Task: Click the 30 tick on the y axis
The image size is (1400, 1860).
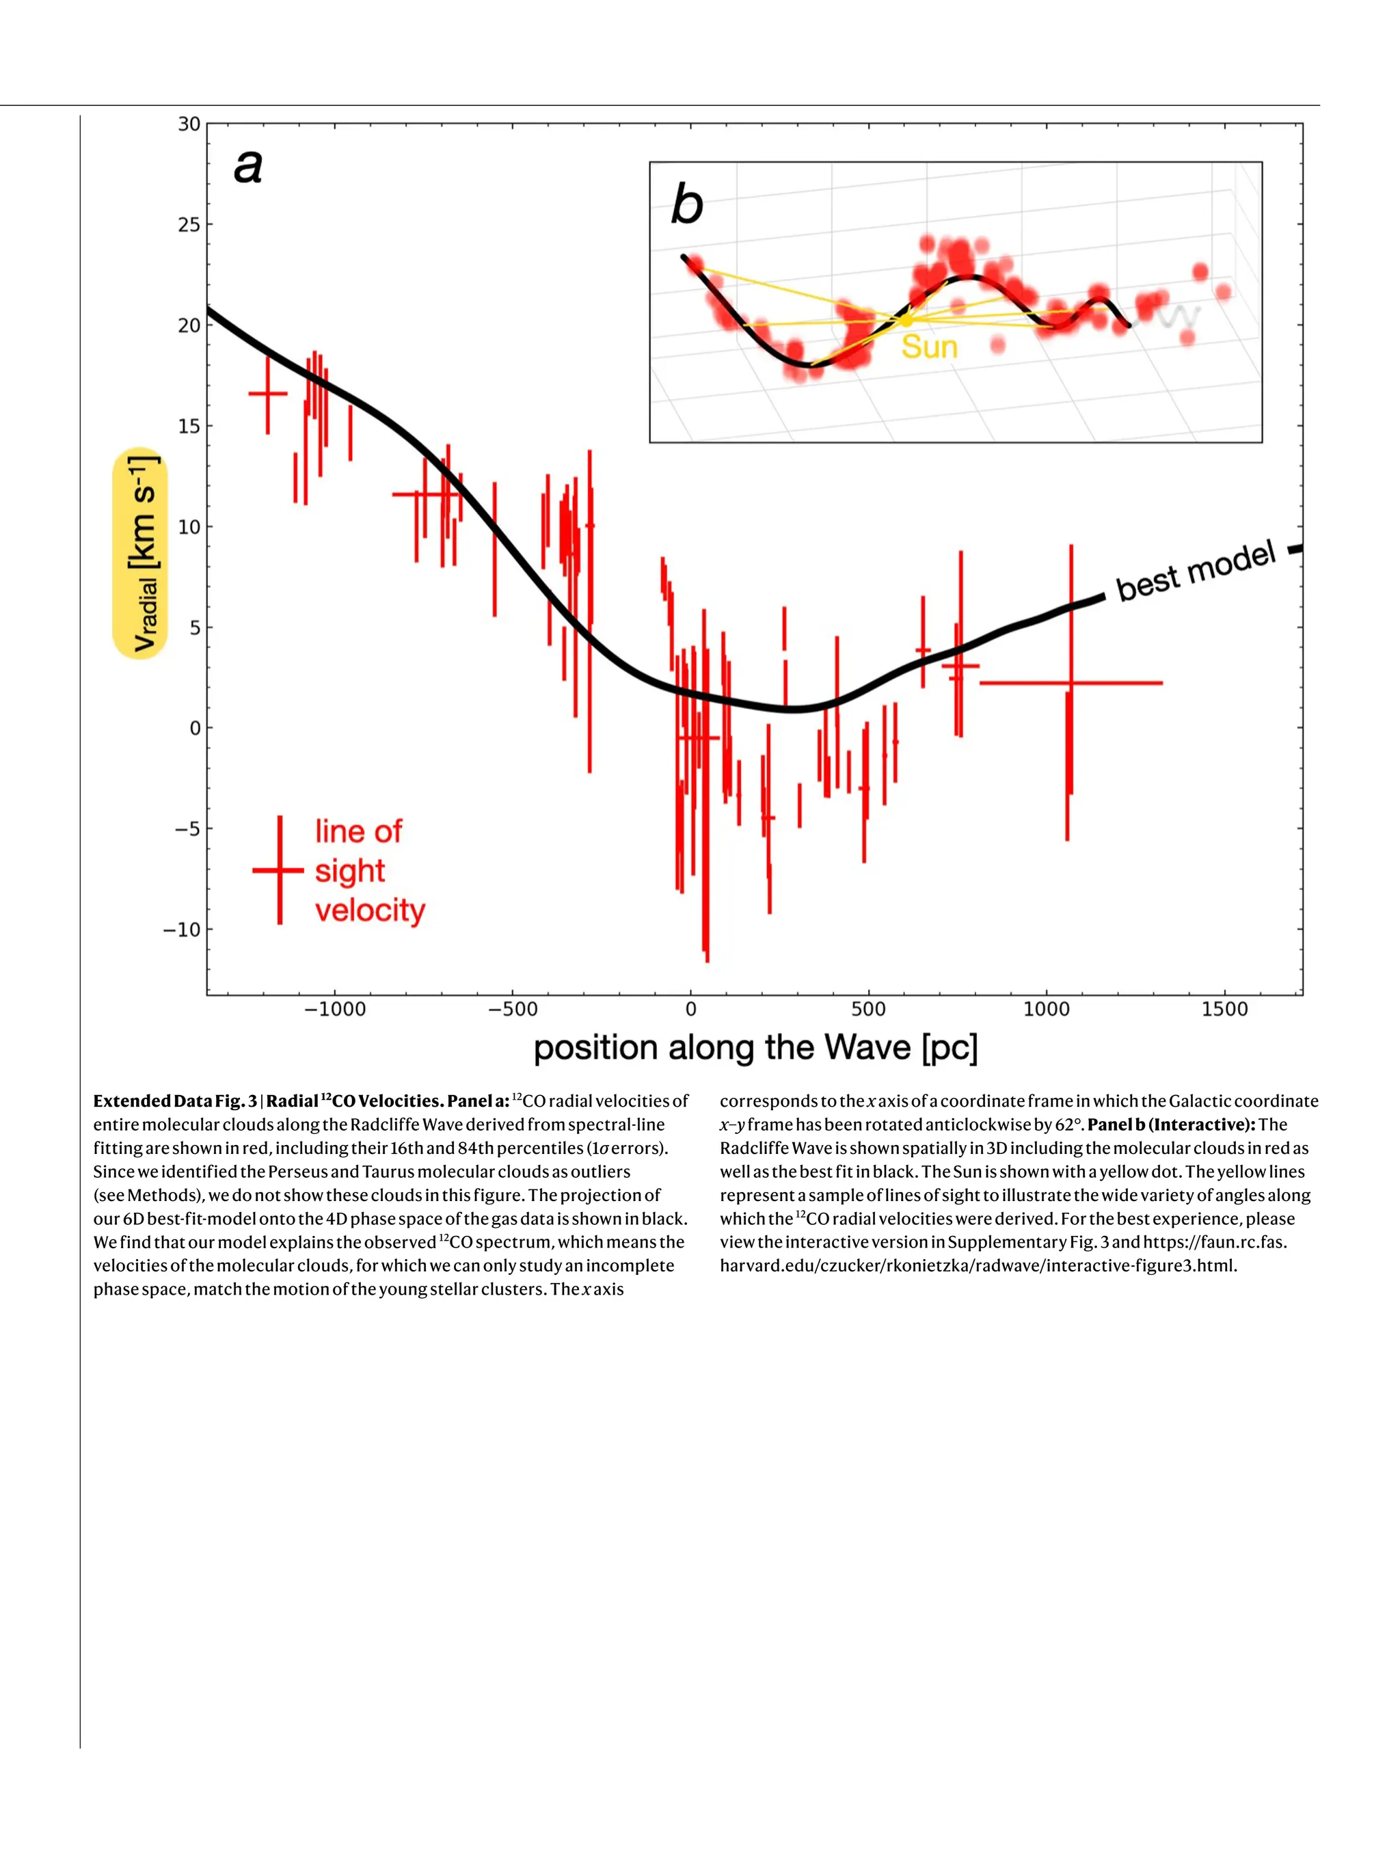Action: point(189,124)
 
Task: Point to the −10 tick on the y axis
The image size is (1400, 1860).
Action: point(182,930)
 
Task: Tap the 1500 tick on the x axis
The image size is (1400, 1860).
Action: point(1224,1010)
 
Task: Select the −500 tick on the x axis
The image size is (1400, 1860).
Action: point(512,1010)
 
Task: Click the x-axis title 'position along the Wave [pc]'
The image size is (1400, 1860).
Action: point(755,1049)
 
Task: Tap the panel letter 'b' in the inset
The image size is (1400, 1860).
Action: point(686,205)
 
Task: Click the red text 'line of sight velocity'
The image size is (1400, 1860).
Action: point(370,871)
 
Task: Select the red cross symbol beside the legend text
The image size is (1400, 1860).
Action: point(279,871)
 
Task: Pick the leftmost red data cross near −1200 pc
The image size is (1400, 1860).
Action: point(268,394)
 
